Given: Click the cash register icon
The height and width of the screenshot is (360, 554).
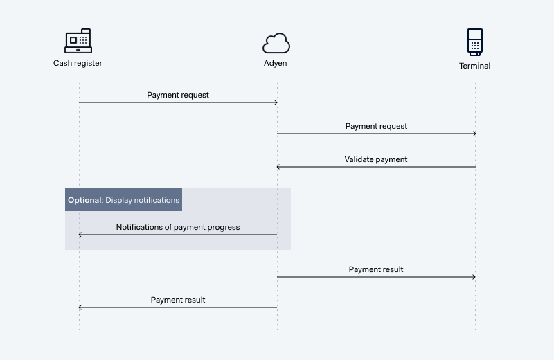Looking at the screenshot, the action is pos(78,41).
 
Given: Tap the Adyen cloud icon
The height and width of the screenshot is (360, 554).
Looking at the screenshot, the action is pos(276,43).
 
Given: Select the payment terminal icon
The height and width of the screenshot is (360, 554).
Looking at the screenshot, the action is pos(475,42).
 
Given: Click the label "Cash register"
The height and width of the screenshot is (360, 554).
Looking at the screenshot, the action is pos(78,63).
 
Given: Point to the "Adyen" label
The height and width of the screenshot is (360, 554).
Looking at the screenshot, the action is pos(275,63).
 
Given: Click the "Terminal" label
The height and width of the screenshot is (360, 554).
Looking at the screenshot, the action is pos(474,66).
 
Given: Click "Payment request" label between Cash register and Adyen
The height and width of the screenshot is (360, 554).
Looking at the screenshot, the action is pos(178,95).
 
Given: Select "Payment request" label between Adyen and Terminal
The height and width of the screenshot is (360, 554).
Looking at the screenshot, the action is pos(376,126).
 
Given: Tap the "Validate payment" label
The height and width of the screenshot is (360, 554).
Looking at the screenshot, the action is pos(376,159).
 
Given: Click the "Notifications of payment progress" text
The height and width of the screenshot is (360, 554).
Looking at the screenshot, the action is pos(178,227).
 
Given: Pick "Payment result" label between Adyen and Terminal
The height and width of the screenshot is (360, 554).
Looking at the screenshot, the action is pos(376,269).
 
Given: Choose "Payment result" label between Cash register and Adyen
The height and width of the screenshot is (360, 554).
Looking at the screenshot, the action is pos(178,300).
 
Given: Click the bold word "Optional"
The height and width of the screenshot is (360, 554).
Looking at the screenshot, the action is pos(84,200).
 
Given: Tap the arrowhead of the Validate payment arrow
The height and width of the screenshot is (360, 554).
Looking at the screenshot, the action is pos(278,167).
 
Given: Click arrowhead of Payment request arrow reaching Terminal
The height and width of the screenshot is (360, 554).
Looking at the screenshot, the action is pos(474,134).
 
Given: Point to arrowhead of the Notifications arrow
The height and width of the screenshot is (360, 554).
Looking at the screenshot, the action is pos(80,235).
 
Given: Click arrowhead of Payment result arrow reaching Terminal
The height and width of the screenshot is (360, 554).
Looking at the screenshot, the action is pos(474,277).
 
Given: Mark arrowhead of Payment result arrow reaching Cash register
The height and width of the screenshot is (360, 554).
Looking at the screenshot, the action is pos(80,307).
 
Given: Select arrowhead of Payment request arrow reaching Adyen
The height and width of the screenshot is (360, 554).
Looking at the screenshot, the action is pos(276,102).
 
